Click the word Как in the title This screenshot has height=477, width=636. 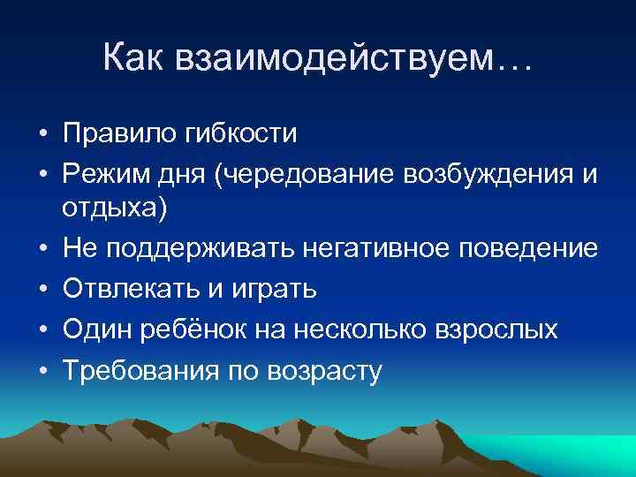(x=132, y=58)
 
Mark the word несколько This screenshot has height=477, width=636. (x=350, y=329)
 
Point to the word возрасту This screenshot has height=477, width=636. (x=326, y=371)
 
